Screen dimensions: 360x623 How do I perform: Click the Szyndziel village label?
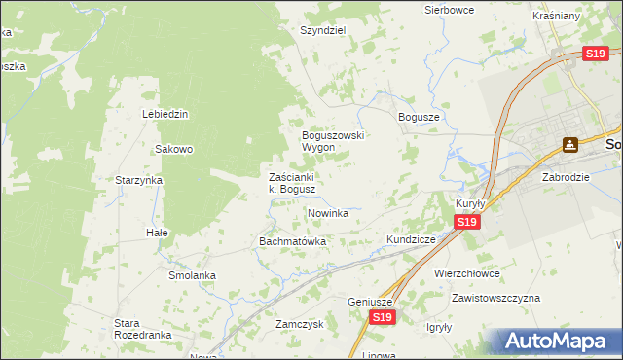click(x=323, y=30)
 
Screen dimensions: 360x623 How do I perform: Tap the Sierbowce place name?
click(x=449, y=10)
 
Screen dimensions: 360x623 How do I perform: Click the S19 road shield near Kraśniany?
click(x=597, y=54)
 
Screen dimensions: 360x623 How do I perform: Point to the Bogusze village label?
click(x=420, y=116)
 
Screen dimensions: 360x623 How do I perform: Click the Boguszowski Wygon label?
click(x=332, y=141)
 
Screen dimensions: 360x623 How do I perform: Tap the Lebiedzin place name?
click(x=165, y=114)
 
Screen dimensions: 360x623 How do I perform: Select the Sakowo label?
click(x=175, y=149)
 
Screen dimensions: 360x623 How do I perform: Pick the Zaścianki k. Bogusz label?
click(x=291, y=183)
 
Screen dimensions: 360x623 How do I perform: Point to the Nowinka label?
click(x=328, y=212)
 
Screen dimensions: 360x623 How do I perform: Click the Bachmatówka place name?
click(x=292, y=240)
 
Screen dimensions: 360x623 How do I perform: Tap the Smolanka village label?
click(x=192, y=275)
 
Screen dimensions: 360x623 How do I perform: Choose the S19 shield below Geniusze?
click(x=383, y=317)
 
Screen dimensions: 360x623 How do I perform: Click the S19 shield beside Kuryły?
click(x=466, y=223)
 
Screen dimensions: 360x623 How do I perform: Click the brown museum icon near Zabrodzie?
click(x=570, y=145)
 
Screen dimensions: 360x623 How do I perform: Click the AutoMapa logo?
click(x=559, y=341)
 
